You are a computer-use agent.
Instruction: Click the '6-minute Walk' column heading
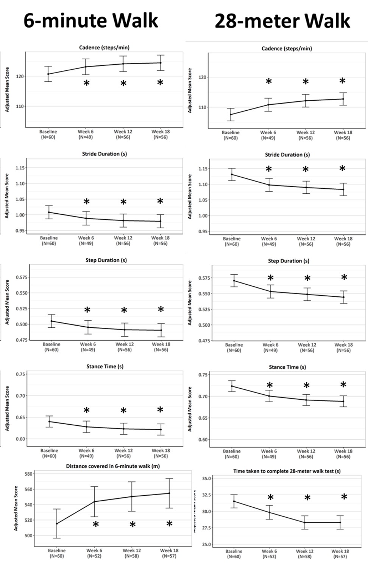point(90,21)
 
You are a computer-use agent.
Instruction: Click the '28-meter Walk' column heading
point(282,21)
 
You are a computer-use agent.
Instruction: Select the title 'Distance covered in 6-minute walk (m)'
point(113,466)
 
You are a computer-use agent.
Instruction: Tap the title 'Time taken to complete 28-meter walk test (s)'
point(287,471)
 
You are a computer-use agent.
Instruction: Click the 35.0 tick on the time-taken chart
point(206,479)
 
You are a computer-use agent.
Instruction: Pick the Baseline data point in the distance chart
point(57,524)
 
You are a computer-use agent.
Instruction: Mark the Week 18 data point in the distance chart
point(169,493)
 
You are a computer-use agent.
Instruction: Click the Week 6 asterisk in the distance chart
point(96,524)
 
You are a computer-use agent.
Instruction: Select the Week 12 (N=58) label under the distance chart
point(132,553)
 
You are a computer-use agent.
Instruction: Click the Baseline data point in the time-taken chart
point(234,501)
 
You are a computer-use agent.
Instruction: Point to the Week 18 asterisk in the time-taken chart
point(344,497)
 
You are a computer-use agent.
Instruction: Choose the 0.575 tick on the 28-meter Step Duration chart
point(204,278)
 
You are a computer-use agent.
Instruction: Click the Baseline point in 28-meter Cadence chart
point(231,114)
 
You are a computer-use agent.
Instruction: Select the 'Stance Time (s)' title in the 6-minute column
point(105,366)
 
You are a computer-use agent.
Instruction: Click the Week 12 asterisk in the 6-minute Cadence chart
point(123,83)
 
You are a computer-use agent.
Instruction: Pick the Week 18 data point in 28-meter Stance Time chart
point(343,401)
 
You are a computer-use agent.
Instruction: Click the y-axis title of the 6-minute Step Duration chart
point(7,302)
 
